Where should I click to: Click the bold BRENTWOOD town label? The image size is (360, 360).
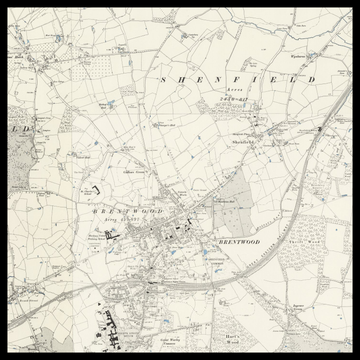tap(238, 242)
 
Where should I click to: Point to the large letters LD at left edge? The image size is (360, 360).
tap(22, 129)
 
